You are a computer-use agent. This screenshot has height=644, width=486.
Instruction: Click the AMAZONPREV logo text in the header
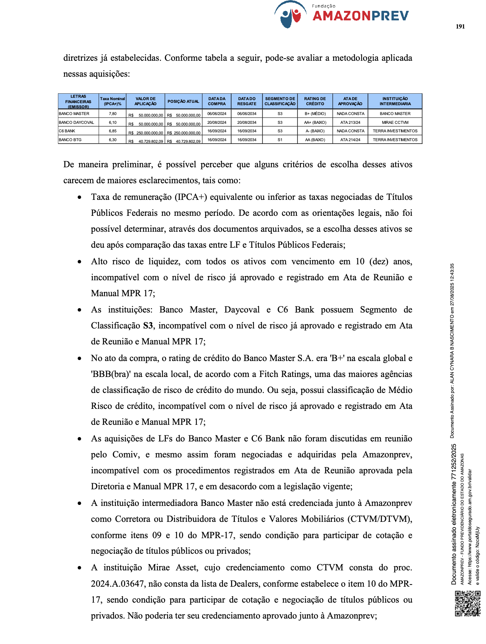[x=361, y=16]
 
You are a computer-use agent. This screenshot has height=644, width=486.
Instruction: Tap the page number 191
[x=460, y=27]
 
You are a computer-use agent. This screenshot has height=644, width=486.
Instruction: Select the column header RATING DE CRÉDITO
[x=315, y=101]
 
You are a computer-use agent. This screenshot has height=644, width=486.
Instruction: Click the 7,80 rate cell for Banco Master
[x=113, y=114]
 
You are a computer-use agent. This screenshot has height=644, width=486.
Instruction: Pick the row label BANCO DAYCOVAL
[x=76, y=122]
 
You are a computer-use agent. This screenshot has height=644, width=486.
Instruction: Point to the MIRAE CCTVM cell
[x=395, y=122]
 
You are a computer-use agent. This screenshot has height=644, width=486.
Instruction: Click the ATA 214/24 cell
[x=350, y=140]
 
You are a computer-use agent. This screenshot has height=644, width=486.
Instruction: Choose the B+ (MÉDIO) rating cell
[x=315, y=114]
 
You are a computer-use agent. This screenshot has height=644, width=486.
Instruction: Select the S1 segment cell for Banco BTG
[x=280, y=140]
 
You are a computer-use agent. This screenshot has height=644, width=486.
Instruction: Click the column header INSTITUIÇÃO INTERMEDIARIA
[x=395, y=101]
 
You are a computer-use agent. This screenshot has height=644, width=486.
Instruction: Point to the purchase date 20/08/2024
[x=217, y=122]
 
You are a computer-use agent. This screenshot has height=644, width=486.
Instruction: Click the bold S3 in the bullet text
[x=148, y=326]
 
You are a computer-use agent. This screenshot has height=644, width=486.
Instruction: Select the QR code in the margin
[x=467, y=603]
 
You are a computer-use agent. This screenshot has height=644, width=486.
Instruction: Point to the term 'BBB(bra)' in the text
[x=110, y=374]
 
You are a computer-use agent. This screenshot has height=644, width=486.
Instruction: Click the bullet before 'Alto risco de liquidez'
[x=79, y=262]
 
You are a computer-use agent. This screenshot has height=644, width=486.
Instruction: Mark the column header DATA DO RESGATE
[x=246, y=101]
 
